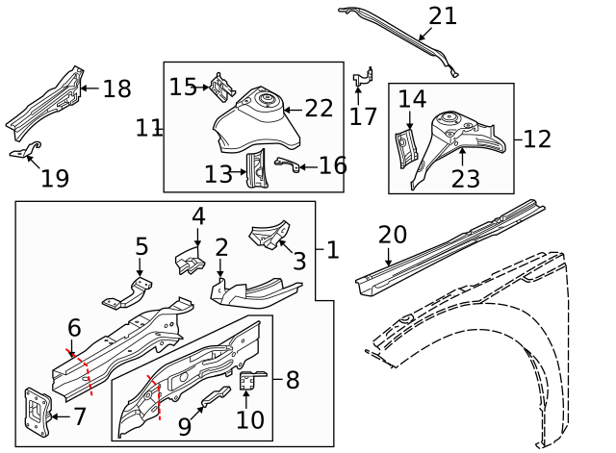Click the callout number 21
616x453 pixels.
pos(443,16)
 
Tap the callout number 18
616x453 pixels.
pos(115,89)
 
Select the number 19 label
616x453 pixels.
pos(55,178)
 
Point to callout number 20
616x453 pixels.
pos(392,234)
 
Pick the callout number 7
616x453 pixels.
pos(79,416)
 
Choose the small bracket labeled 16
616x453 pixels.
pos(286,164)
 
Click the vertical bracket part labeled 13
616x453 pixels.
pos(257,169)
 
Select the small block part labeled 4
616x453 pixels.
pos(188,260)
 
